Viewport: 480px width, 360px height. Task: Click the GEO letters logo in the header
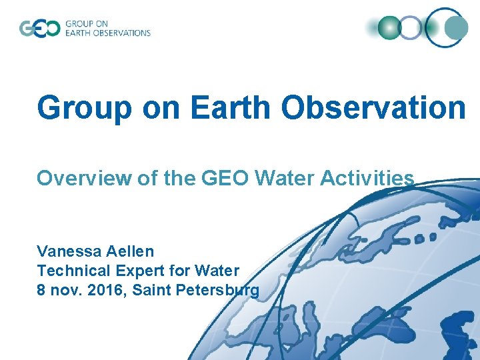point(39,29)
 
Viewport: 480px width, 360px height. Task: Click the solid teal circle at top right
point(457,28)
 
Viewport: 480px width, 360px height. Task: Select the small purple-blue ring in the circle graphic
point(411,28)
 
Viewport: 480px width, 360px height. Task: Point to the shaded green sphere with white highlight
point(389,28)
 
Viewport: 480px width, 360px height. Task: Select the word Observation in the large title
point(373,107)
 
